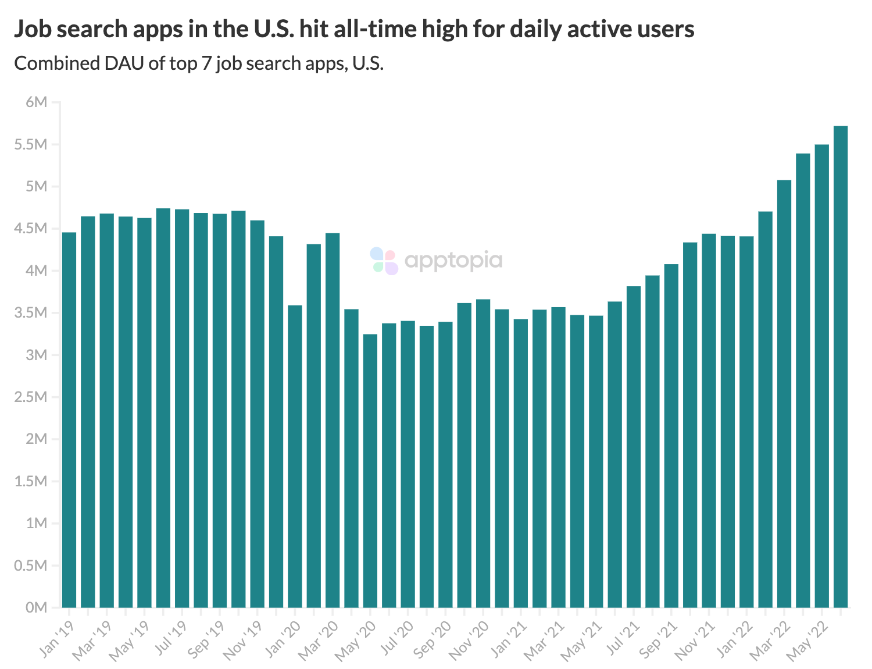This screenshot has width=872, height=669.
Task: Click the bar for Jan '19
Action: (x=69, y=419)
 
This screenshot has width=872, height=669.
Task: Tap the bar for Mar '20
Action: (x=333, y=419)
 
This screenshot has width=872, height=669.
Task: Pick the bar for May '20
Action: (x=370, y=471)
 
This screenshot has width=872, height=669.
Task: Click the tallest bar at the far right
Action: (x=841, y=366)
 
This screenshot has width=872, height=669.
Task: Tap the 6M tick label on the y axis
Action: (x=36, y=102)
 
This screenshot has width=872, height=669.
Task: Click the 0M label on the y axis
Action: (x=36, y=607)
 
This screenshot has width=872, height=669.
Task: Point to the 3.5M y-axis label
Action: (x=31, y=313)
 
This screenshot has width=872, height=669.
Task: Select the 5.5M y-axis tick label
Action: (x=31, y=145)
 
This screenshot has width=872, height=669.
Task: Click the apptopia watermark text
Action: (x=453, y=261)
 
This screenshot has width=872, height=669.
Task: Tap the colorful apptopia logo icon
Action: (x=384, y=261)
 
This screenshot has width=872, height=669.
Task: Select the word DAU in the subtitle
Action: (x=124, y=63)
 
